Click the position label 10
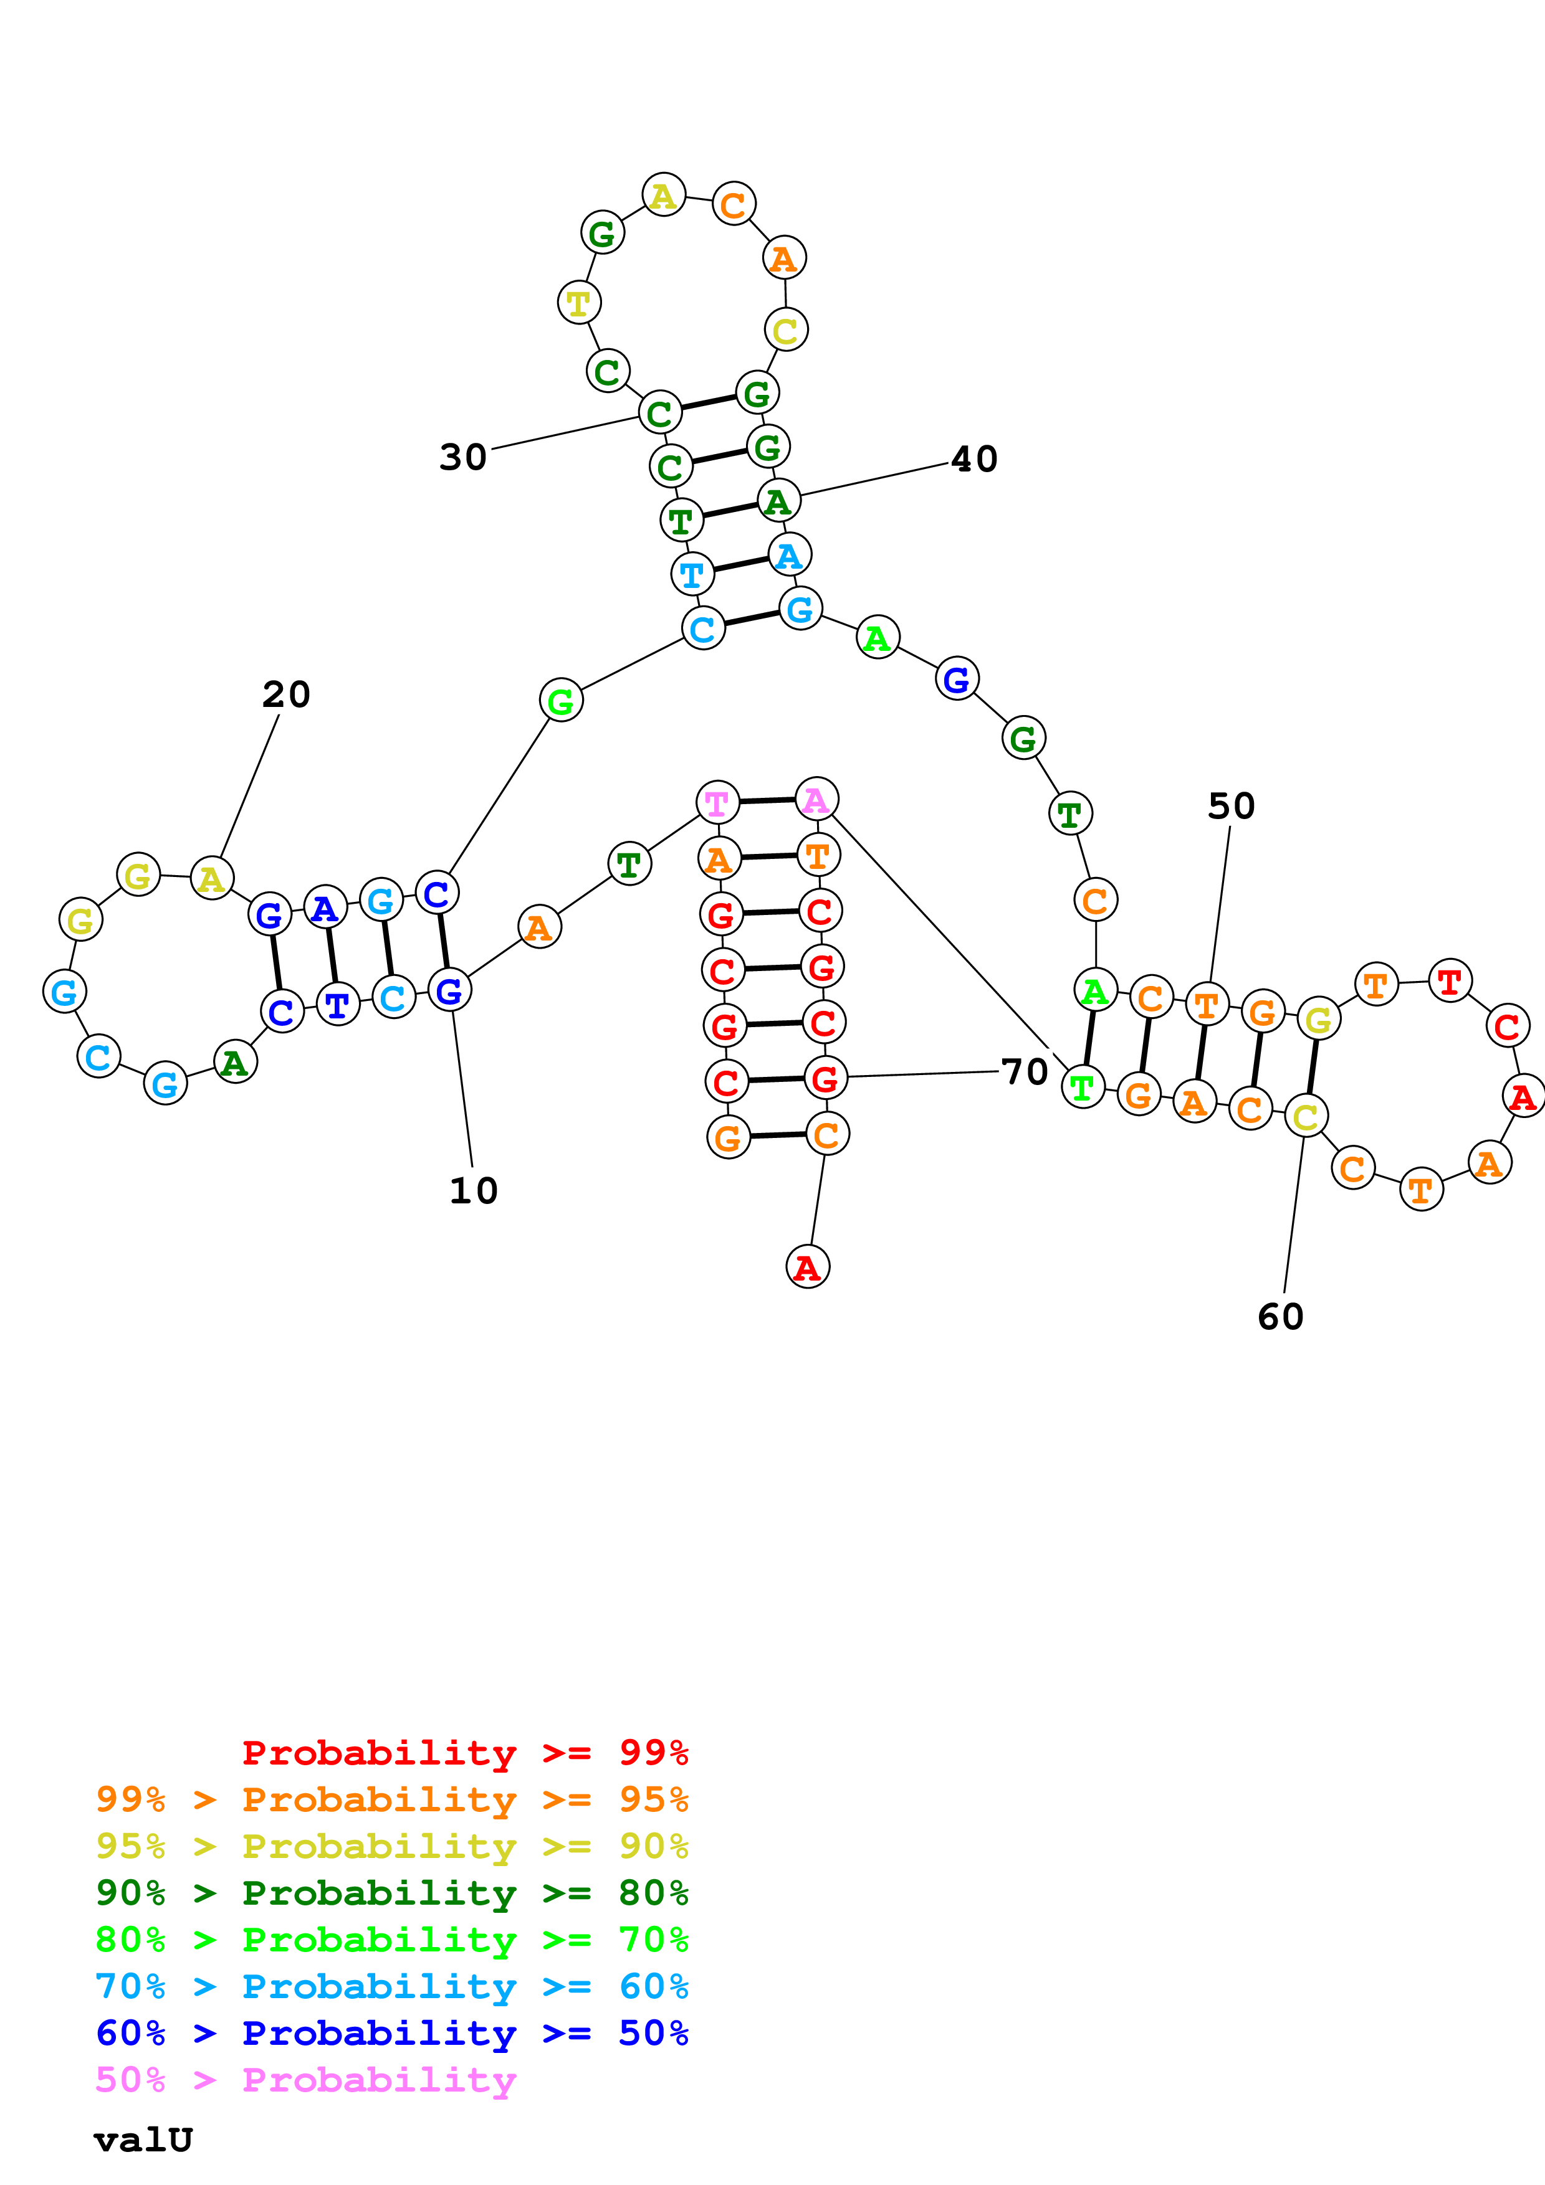473,1190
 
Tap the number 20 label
285,694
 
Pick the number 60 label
1280,1318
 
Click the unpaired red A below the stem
807,1267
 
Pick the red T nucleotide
1450,981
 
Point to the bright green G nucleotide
561,701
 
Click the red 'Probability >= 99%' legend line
464,1752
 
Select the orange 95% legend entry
391,1799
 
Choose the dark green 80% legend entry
391,1893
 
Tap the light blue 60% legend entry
391,1986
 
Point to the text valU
143,2140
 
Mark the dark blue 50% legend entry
391,2033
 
